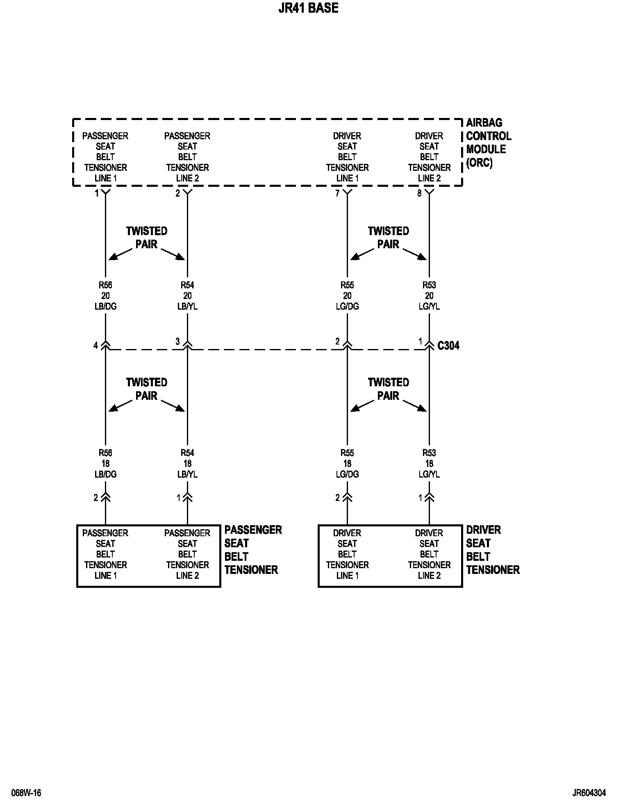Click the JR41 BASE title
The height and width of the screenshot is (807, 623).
tap(308, 8)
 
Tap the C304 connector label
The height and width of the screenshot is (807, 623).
tap(448, 346)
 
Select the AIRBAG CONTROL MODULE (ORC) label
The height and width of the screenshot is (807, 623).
tap(488, 143)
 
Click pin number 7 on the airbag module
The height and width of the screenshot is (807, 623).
tap(337, 193)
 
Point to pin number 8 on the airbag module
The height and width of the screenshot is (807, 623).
tap(419, 193)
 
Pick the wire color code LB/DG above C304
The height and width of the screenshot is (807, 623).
tap(106, 306)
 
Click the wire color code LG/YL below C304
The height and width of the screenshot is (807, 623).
tap(429, 474)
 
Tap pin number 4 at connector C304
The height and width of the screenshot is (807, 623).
tap(95, 346)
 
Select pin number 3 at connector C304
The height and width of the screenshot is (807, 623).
tap(177, 342)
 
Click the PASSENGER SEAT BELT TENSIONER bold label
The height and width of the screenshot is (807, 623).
tap(253, 550)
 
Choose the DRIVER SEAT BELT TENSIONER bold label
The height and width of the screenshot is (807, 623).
tap(493, 550)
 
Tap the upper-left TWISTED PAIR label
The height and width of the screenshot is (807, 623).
tap(147, 238)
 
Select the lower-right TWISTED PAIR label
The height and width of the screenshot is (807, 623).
tap(388, 389)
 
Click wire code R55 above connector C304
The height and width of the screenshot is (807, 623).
tap(347, 285)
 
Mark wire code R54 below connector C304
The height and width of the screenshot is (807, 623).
tap(187, 453)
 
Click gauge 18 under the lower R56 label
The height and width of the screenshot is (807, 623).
tap(106, 464)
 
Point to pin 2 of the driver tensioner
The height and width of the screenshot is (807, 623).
tap(337, 498)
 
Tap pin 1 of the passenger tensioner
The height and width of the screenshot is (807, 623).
tap(178, 498)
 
